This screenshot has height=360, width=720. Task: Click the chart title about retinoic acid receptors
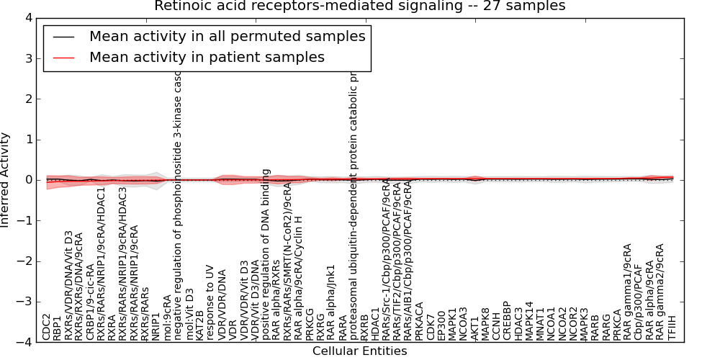360,6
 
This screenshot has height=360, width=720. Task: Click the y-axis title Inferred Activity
6,180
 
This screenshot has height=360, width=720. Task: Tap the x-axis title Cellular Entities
360,351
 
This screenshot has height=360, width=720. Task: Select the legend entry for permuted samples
227,36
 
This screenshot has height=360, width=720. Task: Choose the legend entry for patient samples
207,57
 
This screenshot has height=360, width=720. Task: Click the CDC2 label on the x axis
47,327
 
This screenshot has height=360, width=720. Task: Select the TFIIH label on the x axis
672,328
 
